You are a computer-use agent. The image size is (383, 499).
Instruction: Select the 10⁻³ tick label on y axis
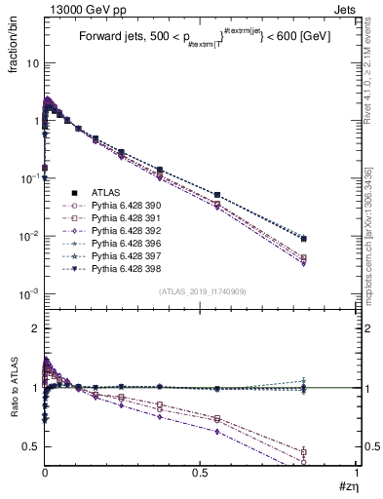(x=29, y=294)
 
